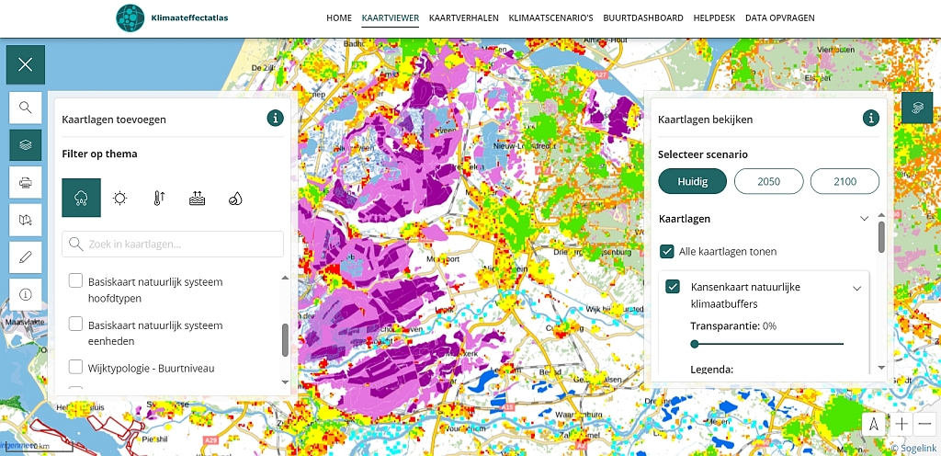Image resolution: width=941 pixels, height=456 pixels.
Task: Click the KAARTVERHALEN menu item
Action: pos(463,17)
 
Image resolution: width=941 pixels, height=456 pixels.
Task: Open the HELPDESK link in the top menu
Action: pos(714,17)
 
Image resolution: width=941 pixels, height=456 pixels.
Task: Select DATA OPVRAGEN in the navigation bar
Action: pos(779,17)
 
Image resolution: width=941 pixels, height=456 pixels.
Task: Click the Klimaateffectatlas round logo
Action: pos(130,17)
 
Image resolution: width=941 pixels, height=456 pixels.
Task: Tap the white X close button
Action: pos(25,64)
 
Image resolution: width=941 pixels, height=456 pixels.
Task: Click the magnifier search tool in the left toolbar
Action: pos(26,108)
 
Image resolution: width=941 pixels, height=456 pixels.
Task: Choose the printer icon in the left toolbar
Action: pos(26,182)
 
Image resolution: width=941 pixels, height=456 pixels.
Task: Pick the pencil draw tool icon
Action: pos(26,257)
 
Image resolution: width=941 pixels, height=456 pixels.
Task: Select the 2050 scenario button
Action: pos(768,181)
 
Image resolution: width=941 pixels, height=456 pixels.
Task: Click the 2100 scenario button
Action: pos(845,181)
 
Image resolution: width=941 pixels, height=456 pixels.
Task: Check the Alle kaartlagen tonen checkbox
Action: pos(668,251)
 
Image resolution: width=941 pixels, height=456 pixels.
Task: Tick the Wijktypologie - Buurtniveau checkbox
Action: pos(76,368)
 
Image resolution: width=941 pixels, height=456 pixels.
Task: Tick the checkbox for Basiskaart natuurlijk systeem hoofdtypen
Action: pos(76,281)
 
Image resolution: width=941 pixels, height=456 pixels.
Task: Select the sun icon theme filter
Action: pos(119,198)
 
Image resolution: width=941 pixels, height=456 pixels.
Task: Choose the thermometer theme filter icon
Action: pos(159,198)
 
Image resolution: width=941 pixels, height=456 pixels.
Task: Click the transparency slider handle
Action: pos(695,344)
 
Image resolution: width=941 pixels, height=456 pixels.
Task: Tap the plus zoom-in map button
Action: pos(902,424)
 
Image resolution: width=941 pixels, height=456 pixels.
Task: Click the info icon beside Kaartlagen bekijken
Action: pos(870,118)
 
